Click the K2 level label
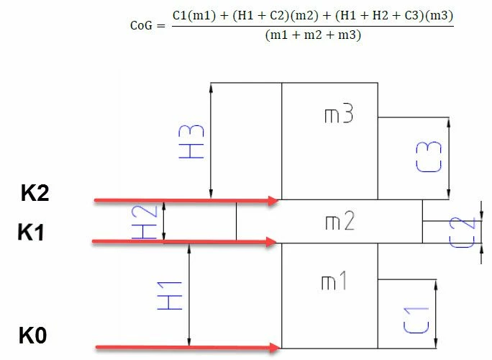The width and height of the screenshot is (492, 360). click(x=35, y=192)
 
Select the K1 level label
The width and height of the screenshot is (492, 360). click(x=31, y=232)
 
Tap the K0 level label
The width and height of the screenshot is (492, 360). click(x=32, y=336)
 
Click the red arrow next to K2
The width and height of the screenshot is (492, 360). click(x=186, y=200)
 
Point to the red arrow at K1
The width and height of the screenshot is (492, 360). click(x=184, y=242)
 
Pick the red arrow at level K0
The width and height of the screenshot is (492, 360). click(x=188, y=347)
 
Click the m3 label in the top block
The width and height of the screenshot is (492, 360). click(x=339, y=114)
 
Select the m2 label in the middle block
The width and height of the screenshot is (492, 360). click(x=340, y=220)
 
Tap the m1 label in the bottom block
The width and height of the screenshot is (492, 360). click(x=334, y=281)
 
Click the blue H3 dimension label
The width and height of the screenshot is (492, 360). click(x=191, y=141)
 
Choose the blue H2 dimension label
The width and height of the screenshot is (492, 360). click(x=145, y=222)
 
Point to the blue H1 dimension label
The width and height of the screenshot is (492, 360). click(x=170, y=296)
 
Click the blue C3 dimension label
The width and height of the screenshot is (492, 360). click(x=429, y=157)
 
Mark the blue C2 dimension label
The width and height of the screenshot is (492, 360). click(x=463, y=233)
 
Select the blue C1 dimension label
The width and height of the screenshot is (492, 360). click(x=416, y=320)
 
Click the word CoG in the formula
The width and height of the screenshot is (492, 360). click(x=142, y=25)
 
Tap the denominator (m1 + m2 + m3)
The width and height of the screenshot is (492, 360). click(x=313, y=35)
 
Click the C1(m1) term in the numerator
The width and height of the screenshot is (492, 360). click(x=194, y=15)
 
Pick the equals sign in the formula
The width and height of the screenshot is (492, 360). click(x=161, y=25)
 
